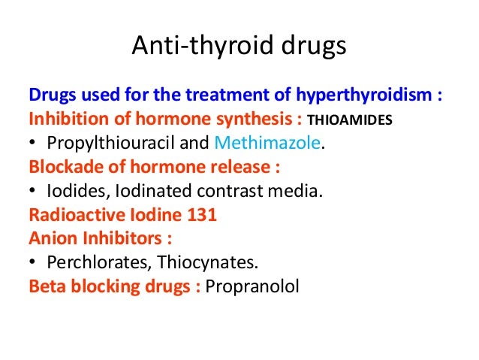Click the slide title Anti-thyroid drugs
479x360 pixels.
239,47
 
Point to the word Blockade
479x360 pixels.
59,167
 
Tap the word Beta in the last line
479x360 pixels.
46,286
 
